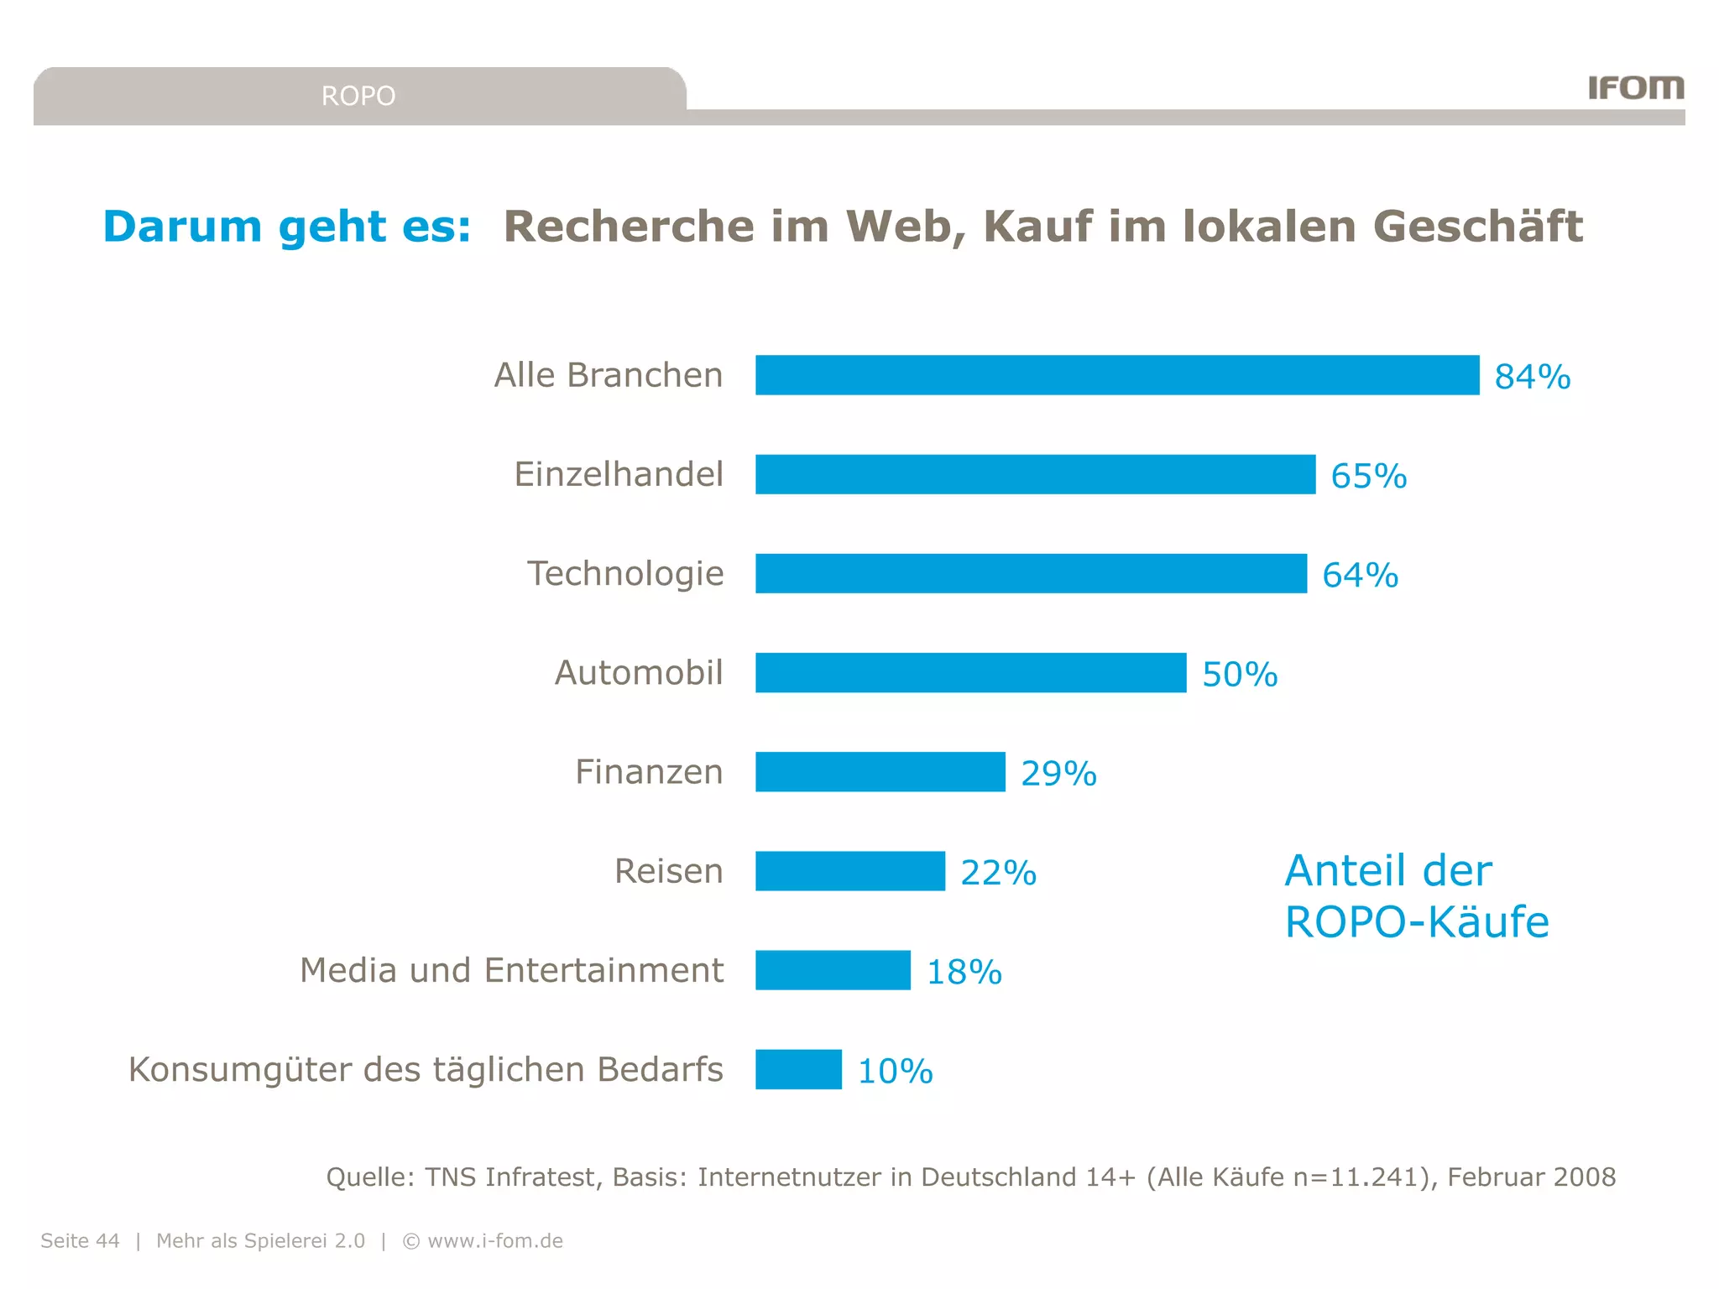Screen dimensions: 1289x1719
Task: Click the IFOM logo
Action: [x=1635, y=87]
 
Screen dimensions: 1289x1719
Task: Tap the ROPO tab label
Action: [x=358, y=96]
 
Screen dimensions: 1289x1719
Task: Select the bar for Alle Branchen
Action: [x=1116, y=375]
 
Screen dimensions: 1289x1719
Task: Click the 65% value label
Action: [x=1368, y=476]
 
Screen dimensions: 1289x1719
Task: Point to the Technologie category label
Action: [x=625, y=574]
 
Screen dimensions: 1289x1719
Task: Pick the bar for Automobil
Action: [x=970, y=673]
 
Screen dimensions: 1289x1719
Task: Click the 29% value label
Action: [x=1058, y=773]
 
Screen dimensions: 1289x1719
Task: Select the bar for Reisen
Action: [x=849, y=871]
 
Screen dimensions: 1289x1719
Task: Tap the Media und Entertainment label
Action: [x=511, y=970]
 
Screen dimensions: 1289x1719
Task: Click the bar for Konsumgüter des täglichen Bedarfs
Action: [x=798, y=1069]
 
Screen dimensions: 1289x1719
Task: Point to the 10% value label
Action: [x=895, y=1072]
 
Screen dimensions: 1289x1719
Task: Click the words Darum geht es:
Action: [x=287, y=227]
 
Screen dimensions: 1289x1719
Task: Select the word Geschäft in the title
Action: [x=1477, y=227]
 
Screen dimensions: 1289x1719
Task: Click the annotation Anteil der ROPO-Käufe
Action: [x=1416, y=896]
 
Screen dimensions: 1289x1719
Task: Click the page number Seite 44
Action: [x=81, y=1240]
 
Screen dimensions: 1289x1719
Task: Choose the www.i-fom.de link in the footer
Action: [x=495, y=1240]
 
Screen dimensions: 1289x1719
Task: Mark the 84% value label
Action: [x=1532, y=377]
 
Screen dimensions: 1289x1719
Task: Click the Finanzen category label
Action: [x=649, y=772]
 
